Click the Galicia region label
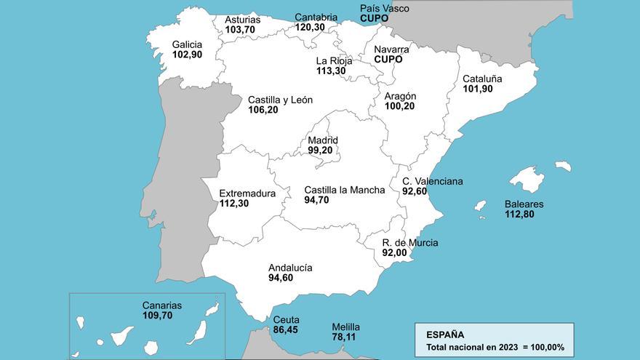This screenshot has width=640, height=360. pos(187,44)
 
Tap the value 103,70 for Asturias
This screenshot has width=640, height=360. pos(240,30)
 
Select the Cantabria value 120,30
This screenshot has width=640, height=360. pos(310,27)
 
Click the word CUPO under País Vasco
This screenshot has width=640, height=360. pos(375,18)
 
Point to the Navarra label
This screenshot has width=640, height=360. pos(391,49)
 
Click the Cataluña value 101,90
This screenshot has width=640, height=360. pos(478,89)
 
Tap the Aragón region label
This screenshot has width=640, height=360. pos(400,96)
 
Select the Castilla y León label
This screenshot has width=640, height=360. pos(280,100)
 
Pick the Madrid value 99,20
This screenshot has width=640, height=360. pos(320,150)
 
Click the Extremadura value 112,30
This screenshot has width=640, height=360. pos(234,204)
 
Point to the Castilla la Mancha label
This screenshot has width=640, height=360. pos(344,190)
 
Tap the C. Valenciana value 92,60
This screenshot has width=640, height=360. pos(415,191)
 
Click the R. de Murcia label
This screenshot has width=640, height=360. pos(410,243)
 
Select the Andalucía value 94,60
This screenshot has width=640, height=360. pos(281,277)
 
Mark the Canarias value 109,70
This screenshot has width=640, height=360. pos(157,316)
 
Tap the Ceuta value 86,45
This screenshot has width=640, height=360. pos(286,329)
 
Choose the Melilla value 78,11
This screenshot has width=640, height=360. pos(345,337)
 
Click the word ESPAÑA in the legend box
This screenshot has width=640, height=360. pos(445,335)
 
